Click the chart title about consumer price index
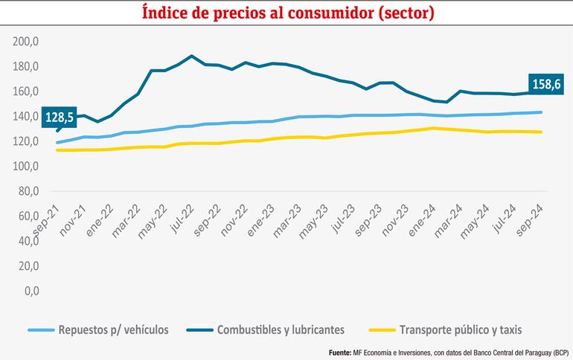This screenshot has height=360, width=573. pos(286,13)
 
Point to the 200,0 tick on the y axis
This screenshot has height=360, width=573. pos(27,42)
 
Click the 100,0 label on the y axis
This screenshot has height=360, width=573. pos(27,167)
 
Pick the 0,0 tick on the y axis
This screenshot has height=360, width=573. pos(32,291)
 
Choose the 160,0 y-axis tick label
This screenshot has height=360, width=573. pos(27,91)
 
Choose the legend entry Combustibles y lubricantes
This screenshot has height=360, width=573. pos(280,330)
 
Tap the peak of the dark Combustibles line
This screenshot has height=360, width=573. pos(192,56)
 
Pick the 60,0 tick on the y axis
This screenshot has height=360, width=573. pos(27,216)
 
